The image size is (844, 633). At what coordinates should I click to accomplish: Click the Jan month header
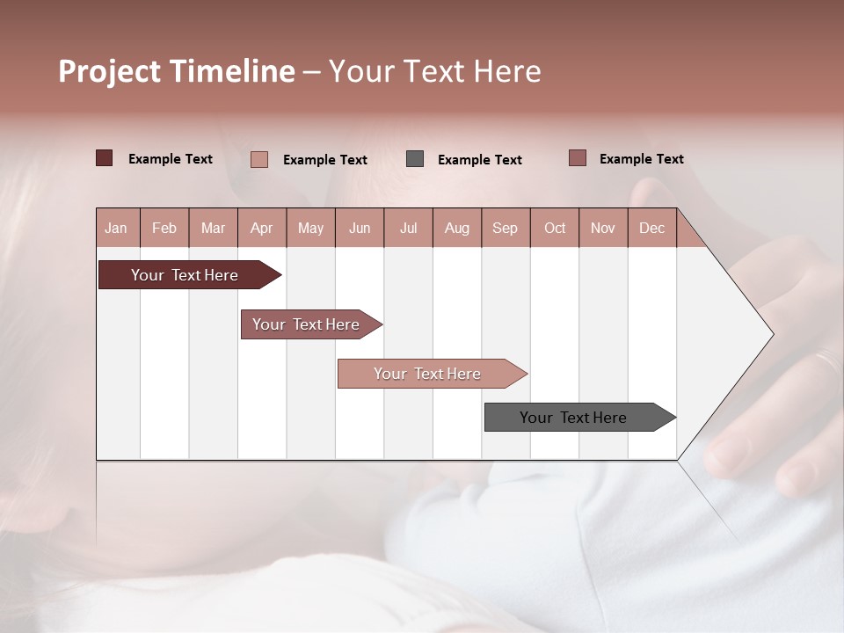tap(117, 228)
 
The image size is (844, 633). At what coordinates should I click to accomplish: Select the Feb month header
tap(164, 228)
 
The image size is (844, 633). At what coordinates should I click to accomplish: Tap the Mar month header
tap(213, 228)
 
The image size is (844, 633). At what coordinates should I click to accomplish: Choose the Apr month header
tap(262, 228)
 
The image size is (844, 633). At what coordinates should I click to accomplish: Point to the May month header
tap(310, 228)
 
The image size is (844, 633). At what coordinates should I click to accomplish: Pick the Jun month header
tap(360, 228)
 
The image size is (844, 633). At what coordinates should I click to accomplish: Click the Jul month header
tap(408, 228)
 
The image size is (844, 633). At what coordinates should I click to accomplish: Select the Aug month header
tap(457, 228)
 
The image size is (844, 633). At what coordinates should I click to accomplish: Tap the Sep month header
tap(506, 228)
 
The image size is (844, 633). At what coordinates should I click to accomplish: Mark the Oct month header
tap(555, 228)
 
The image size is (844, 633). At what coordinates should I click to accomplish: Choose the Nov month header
tap(603, 228)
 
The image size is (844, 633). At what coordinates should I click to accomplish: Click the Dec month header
tap(651, 228)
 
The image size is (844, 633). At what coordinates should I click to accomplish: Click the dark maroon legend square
tap(105, 158)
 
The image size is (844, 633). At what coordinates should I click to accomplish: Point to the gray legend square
tap(415, 159)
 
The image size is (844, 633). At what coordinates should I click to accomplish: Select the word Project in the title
tap(110, 71)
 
